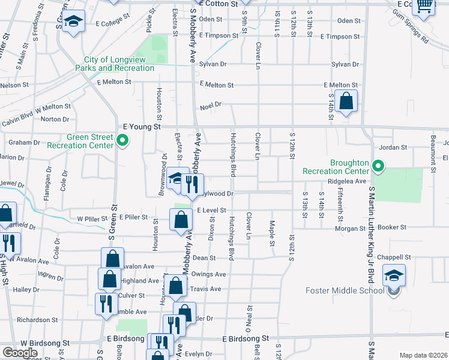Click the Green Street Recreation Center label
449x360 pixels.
(89, 141)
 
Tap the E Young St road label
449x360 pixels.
(142, 127)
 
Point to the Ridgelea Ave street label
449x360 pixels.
(346, 181)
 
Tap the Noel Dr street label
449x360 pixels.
(211, 105)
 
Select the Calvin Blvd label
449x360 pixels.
(16, 120)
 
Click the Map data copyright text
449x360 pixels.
(423, 355)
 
